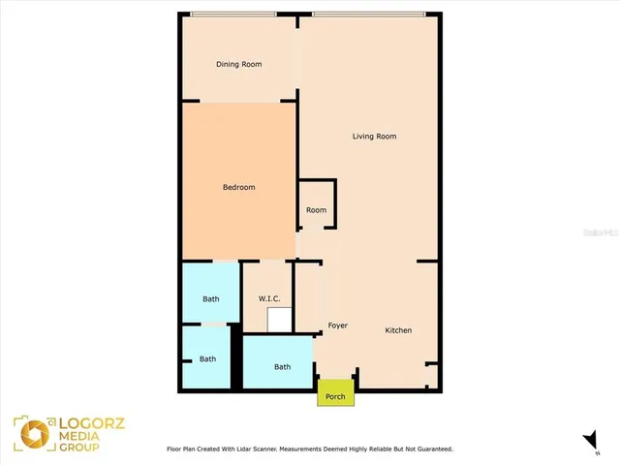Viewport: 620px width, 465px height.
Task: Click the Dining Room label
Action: pos(238,65)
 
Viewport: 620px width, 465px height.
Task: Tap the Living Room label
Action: pos(374,137)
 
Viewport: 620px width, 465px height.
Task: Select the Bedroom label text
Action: pos(238,187)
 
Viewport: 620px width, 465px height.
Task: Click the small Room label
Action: pos(316,210)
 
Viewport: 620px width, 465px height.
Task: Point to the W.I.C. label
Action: pos(268,298)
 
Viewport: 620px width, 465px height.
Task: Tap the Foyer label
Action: pos(337,325)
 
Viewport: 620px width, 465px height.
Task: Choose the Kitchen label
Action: pos(398,330)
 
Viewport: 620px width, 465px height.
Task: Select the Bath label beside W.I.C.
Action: pos(210,298)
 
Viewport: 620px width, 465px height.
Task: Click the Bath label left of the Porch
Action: pos(282,366)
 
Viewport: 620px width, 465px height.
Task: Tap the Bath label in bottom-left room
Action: pos(208,358)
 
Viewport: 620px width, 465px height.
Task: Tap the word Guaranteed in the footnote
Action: pos(430,449)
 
